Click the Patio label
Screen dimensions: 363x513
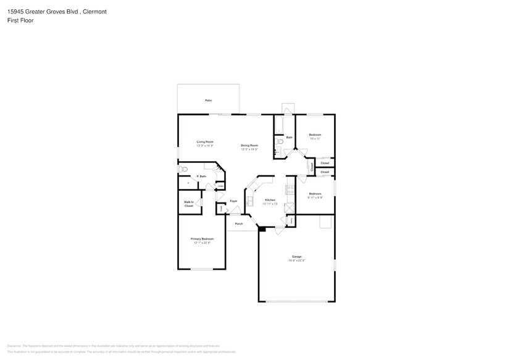tap(209, 100)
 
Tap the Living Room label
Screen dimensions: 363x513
tap(205, 142)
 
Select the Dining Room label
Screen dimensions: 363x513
tap(249, 146)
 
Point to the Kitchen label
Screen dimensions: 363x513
tap(270, 200)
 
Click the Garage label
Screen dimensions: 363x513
tap(296, 256)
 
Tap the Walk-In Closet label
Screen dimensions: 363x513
tap(189, 204)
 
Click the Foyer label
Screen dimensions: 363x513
tap(233, 201)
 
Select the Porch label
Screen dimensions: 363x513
tap(238, 223)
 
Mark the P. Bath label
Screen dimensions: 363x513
tap(201, 177)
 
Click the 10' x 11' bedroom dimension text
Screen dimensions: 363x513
tap(315, 139)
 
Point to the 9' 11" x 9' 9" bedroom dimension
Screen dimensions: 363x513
tap(315, 198)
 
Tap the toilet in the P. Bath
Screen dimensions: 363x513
tap(183, 169)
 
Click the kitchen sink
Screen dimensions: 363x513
tap(249, 201)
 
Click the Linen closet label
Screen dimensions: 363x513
tap(220, 185)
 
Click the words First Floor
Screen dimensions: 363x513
tap(21, 20)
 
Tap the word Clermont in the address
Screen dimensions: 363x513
tap(93, 11)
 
